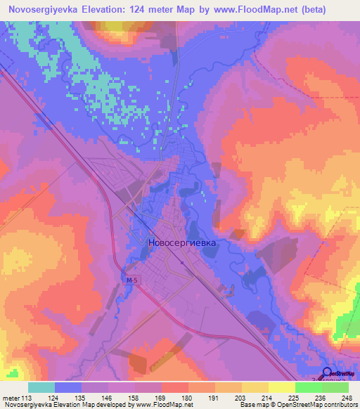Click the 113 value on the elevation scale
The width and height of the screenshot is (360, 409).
coord(28,398)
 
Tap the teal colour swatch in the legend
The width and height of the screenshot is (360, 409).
coord(41,387)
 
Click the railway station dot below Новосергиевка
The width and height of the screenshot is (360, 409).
coord(182,264)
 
